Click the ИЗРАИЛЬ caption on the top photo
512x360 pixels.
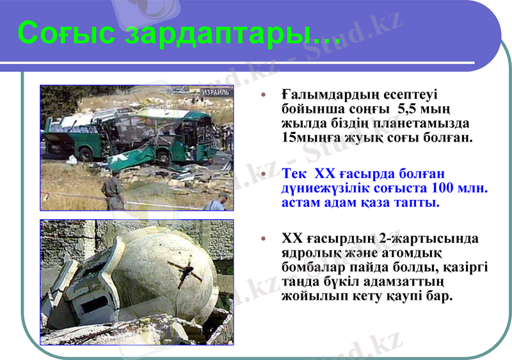[215, 92]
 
